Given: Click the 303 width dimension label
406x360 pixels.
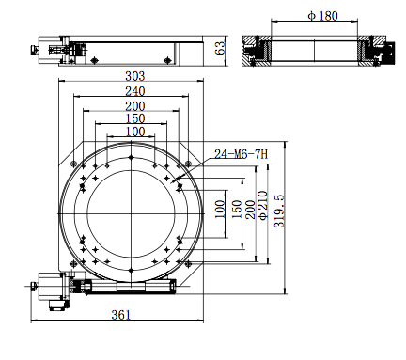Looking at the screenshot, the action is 135,76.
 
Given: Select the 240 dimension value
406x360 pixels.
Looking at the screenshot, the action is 135,91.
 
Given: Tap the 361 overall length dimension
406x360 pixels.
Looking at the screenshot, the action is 121,315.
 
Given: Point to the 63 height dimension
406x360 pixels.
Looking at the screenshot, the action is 220,48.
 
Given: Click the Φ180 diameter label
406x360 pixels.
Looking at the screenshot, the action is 322,16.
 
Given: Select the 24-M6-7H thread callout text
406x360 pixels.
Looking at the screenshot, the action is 241,154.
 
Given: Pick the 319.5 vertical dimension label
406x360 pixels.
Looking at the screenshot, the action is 279,211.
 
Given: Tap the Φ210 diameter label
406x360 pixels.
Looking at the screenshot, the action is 263,205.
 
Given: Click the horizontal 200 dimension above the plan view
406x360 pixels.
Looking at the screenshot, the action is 135,106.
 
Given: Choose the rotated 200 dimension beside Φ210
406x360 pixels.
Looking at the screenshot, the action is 250,210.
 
